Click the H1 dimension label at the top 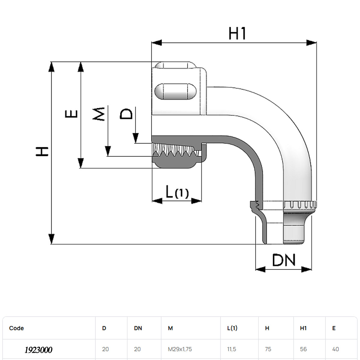[x=237, y=33]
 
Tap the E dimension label [x=72, y=114]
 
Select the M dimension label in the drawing [x=99, y=114]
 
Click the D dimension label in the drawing [x=126, y=114]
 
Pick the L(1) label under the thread [x=177, y=192]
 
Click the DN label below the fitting [x=284, y=260]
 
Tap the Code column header [x=16, y=328]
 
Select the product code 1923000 [x=38, y=350]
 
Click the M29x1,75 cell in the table [x=180, y=349]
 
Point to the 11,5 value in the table [x=232, y=349]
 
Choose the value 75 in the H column [x=268, y=349]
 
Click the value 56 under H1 [x=303, y=349]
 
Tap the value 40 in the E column [x=335, y=349]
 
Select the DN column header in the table [x=138, y=328]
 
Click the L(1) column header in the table [x=232, y=328]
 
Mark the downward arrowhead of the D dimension [x=136, y=138]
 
